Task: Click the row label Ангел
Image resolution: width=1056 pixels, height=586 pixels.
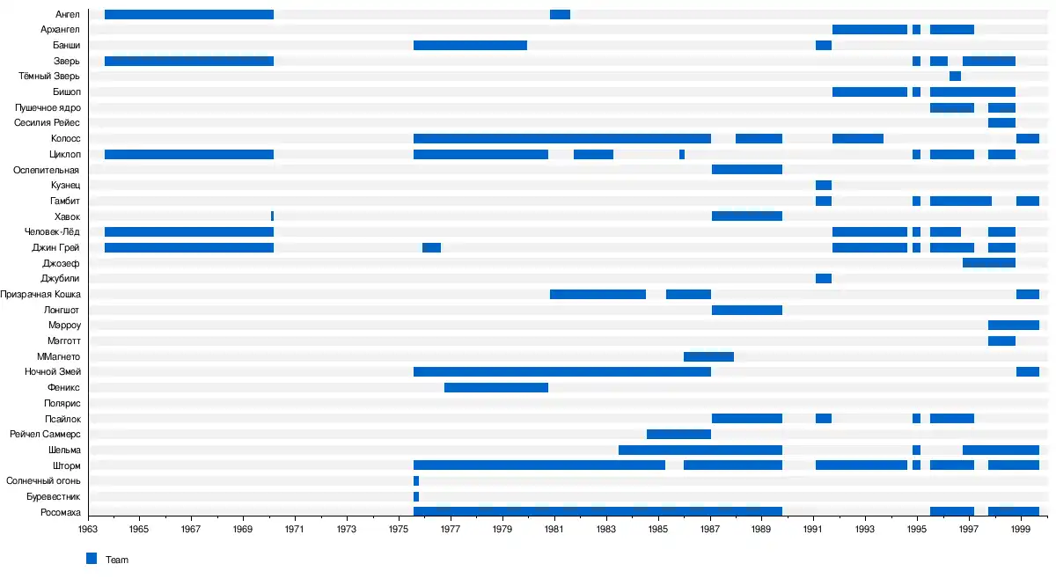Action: (x=67, y=14)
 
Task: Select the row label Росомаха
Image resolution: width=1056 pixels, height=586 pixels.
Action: (x=61, y=512)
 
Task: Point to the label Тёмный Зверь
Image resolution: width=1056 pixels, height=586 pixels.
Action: (x=49, y=77)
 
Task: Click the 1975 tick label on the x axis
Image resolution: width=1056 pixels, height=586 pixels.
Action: (x=399, y=530)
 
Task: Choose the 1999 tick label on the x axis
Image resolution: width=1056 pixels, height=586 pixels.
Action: (x=1021, y=530)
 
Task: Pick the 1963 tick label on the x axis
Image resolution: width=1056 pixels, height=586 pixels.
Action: (x=87, y=530)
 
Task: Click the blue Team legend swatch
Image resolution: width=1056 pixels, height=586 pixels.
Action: (x=92, y=559)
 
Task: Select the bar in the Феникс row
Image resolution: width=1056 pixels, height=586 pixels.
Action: (x=496, y=387)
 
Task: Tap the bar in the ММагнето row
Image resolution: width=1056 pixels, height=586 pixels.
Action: (x=708, y=356)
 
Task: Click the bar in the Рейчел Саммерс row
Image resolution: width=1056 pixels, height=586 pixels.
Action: (x=678, y=434)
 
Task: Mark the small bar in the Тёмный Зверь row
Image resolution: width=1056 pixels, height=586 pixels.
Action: (x=955, y=77)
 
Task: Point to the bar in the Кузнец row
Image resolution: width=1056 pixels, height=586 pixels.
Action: (x=824, y=185)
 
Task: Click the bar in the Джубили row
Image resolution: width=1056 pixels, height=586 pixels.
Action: (x=824, y=279)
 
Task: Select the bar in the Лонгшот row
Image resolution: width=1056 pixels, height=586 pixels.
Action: (x=747, y=310)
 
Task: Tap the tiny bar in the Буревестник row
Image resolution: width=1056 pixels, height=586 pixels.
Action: (x=416, y=496)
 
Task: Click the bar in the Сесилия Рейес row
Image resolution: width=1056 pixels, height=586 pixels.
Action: (x=1001, y=123)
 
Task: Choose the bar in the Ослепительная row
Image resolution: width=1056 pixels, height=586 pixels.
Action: (x=747, y=170)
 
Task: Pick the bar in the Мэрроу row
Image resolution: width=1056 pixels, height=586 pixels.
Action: (x=1014, y=326)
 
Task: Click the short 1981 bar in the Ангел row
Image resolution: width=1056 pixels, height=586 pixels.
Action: (x=560, y=14)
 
